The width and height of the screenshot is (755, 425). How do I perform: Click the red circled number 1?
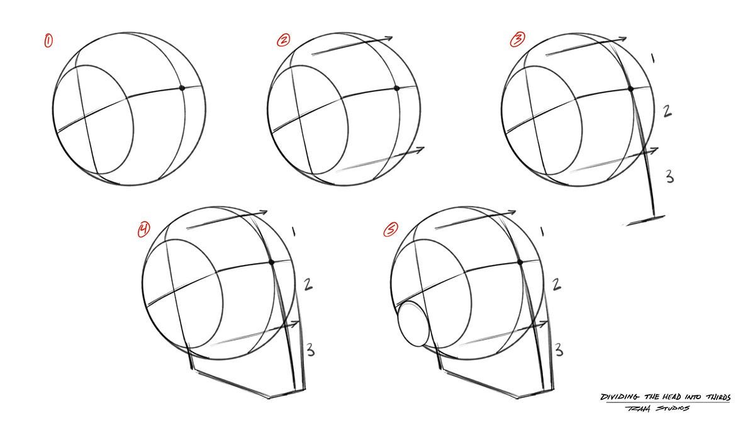click(48, 41)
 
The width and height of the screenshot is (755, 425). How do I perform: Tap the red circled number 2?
click(284, 40)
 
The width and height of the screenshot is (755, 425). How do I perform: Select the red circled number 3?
click(517, 40)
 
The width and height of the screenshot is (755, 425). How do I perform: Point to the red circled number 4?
click(145, 230)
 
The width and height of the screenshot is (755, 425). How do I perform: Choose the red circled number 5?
click(391, 230)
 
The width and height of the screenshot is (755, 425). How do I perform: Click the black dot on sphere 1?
click(182, 88)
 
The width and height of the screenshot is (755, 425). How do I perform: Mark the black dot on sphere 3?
click(631, 89)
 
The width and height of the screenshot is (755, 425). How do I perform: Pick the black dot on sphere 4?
click(272, 261)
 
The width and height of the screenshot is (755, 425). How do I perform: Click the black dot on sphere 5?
click(520, 261)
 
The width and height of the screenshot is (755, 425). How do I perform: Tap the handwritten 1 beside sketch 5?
click(542, 232)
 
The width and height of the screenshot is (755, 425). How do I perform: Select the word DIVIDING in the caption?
click(620, 397)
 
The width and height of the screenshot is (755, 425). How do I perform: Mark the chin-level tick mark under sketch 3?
click(646, 220)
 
